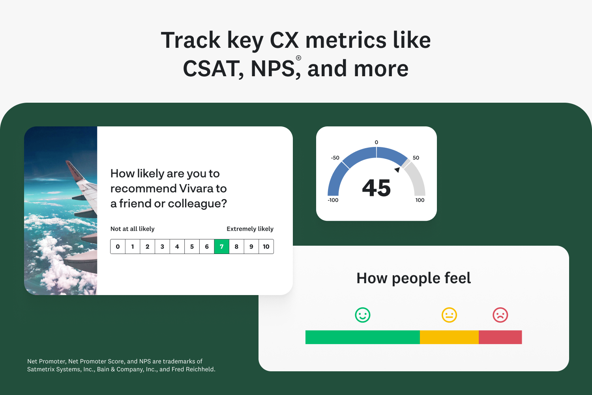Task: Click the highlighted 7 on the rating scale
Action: coord(221,246)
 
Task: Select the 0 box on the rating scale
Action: coord(118,246)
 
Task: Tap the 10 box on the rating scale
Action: coord(266,246)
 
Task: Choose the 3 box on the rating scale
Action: coord(162,246)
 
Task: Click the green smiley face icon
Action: coord(362,315)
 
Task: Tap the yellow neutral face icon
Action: coord(449,315)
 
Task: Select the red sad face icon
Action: coord(500,315)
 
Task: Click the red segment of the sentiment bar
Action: coord(500,337)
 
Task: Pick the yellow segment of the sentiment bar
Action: coord(449,337)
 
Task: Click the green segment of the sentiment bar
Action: coord(363,337)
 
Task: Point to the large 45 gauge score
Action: coord(377,188)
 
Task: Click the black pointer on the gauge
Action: coord(397,169)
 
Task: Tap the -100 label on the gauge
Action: coord(333,200)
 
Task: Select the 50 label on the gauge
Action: coord(416,158)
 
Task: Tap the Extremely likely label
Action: coord(250,229)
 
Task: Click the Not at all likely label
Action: coord(132,229)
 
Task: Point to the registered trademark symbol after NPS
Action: coord(298,58)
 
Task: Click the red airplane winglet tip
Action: coord(67,162)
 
